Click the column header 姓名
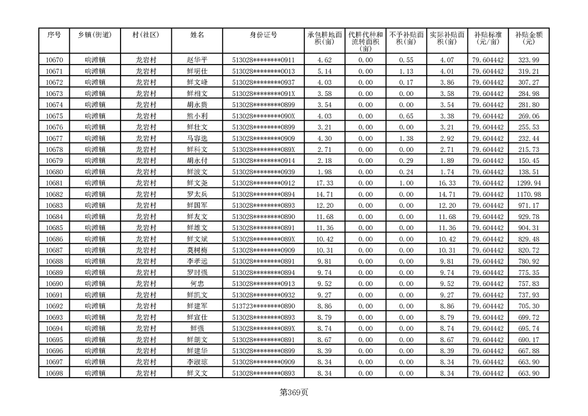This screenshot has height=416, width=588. click(197, 35)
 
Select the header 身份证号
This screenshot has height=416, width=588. click(263, 35)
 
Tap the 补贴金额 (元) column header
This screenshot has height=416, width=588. click(529, 38)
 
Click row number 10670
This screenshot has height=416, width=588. click(55, 60)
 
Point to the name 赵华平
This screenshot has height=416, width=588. click(197, 60)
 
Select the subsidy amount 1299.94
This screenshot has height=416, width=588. click(529, 183)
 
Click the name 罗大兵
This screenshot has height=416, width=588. click(197, 194)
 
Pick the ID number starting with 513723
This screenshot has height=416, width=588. click(263, 306)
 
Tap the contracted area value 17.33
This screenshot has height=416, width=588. click(325, 183)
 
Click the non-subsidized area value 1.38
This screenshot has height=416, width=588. click(406, 138)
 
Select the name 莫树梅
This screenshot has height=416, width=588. click(197, 250)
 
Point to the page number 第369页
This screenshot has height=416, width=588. click(294, 392)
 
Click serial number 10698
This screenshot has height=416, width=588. click(55, 373)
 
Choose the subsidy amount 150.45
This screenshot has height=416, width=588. click(529, 161)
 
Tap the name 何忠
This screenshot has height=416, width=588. click(197, 284)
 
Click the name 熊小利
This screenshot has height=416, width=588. click(197, 116)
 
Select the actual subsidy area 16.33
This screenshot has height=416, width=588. click(447, 183)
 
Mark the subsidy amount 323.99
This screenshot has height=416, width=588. click(529, 60)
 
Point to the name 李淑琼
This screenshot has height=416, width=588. click(197, 362)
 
